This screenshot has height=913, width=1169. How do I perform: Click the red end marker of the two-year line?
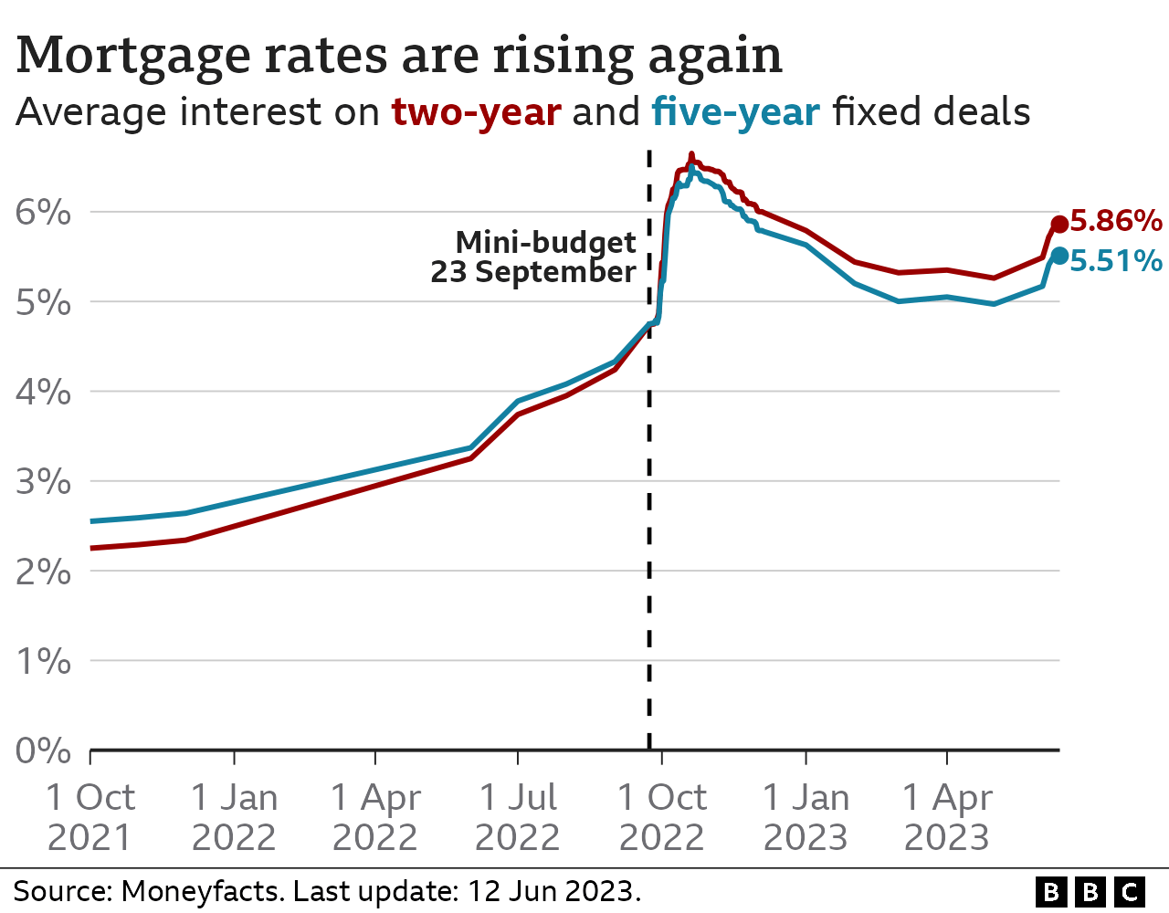(1059, 224)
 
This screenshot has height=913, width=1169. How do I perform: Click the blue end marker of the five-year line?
(1059, 256)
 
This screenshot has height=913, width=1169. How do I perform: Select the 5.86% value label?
(1116, 221)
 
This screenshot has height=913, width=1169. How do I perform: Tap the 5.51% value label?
(1116, 261)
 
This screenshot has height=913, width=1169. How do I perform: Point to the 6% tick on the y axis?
(43, 213)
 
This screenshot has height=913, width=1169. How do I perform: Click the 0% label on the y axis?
(43, 750)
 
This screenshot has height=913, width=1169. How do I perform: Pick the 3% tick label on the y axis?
(43, 481)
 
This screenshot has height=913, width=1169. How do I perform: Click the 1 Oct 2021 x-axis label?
(90, 817)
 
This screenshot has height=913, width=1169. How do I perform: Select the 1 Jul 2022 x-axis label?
(518, 817)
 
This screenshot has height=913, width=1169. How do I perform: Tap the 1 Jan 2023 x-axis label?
(806, 817)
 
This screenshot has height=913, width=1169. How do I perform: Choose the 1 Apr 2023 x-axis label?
(947, 817)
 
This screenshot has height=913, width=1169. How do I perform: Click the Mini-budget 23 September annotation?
(534, 257)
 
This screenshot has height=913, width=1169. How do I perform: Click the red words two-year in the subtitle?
(476, 112)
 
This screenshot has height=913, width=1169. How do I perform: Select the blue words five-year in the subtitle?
(735, 112)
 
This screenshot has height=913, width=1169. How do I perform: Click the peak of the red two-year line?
(690, 155)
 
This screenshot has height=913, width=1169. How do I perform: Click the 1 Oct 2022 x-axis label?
(662, 817)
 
